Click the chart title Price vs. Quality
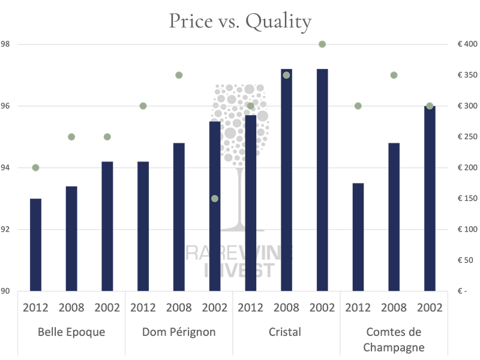[240, 22]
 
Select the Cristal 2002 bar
[322, 180]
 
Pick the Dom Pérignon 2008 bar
[179, 217]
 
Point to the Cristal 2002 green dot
[322, 44]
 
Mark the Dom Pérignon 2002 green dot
[215, 199]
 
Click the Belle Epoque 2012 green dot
[35, 167]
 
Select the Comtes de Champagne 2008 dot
[394, 75]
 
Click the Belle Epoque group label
[71, 332]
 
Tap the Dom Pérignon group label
[179, 332]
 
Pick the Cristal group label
[286, 332]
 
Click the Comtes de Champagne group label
[394, 339]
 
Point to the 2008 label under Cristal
[286, 308]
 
